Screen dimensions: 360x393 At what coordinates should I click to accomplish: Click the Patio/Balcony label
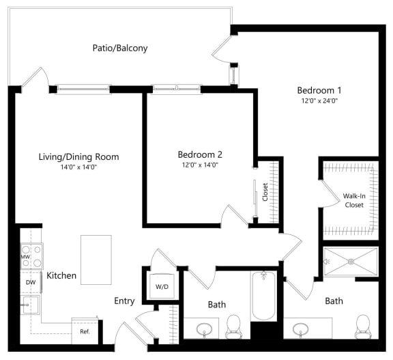pos(120,49)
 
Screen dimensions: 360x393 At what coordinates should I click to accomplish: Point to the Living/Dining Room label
pos(78,157)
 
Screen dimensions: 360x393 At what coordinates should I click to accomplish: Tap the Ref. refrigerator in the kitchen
pos(85,331)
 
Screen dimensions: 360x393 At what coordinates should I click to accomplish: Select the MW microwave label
pos(26,258)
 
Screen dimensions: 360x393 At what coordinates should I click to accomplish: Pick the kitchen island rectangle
pos(96,254)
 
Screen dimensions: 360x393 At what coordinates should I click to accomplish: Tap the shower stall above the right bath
pos(349,260)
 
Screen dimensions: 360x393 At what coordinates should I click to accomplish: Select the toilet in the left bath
pos(233,326)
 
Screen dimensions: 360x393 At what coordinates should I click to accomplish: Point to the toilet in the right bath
pos(362,327)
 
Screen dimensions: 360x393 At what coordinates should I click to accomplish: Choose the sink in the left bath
pos(203,329)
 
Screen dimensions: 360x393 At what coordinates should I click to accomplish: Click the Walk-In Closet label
pos(353,199)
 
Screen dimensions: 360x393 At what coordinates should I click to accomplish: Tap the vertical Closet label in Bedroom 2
pos(265,192)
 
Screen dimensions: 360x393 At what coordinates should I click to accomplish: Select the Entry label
pos(123,301)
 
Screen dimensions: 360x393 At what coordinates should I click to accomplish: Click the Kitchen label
pos(61,276)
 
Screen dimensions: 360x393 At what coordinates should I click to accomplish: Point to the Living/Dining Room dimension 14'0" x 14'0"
pos(78,167)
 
